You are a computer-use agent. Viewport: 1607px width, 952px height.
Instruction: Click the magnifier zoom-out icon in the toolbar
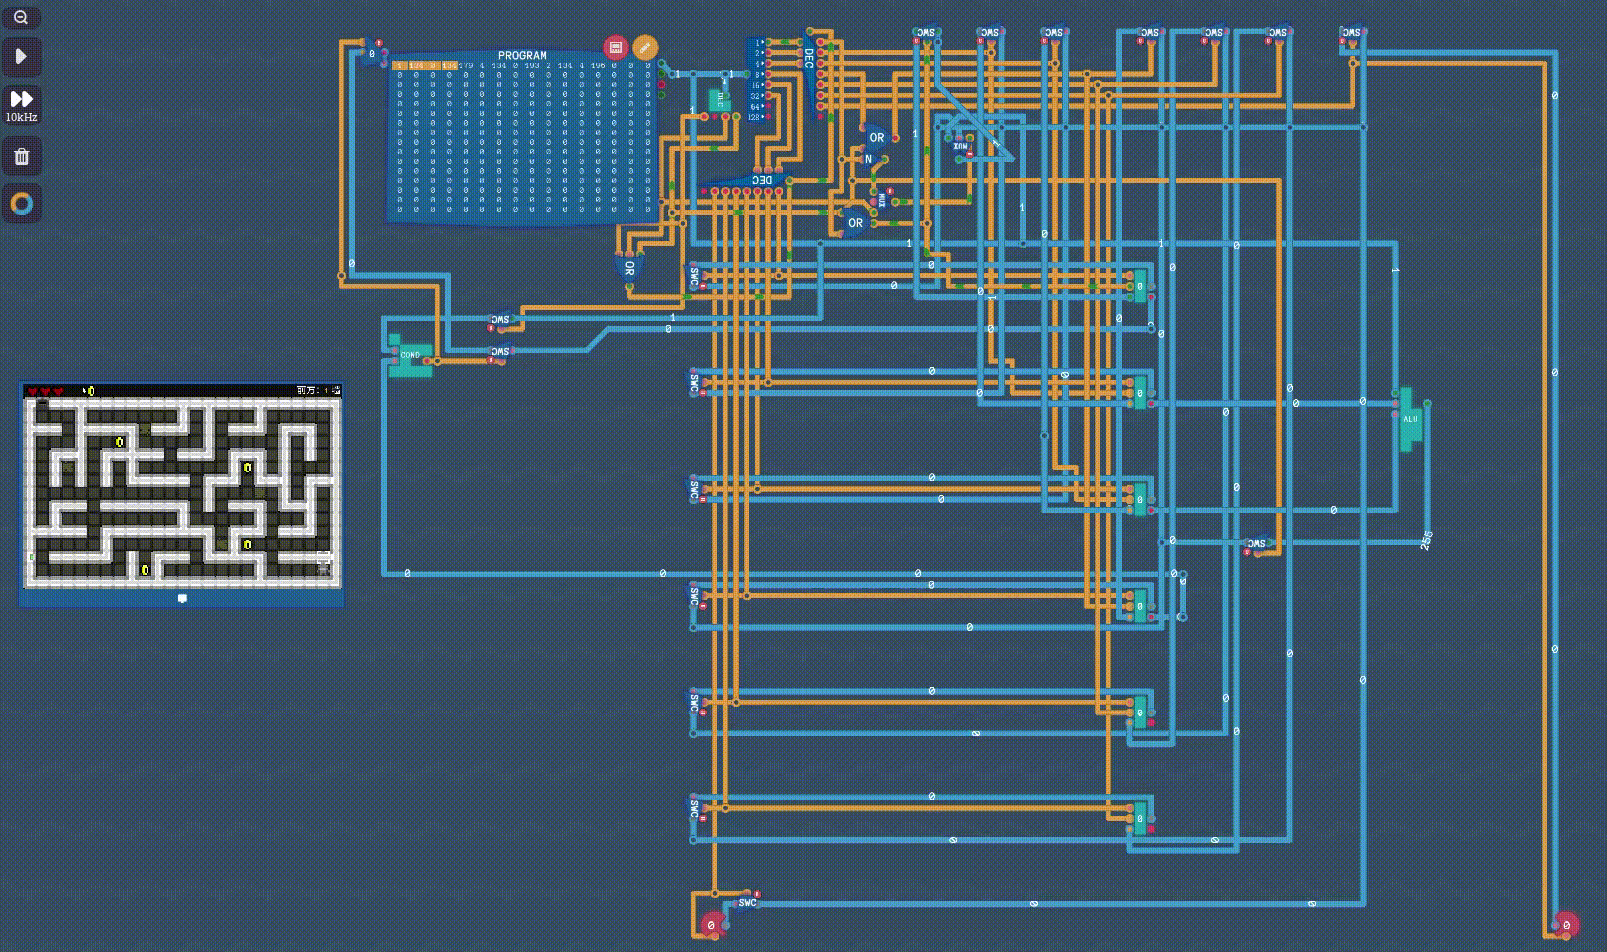tap(21, 17)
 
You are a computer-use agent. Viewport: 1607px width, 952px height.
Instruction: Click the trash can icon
tap(21, 156)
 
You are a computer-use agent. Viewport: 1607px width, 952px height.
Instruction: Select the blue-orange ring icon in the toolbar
tap(21, 204)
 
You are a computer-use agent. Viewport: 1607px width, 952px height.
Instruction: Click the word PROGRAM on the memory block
tap(522, 56)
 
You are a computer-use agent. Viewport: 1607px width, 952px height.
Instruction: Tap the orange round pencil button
tap(645, 47)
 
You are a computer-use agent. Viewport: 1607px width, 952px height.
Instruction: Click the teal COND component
tap(410, 355)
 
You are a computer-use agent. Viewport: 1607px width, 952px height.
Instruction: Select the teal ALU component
tap(1409, 419)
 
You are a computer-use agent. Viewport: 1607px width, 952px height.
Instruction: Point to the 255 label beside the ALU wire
tap(1426, 540)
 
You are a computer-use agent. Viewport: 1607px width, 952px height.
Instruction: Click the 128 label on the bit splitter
tap(755, 117)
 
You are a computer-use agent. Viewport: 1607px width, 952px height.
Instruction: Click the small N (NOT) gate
tap(868, 159)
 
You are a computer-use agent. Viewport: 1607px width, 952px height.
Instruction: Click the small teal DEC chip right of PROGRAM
tap(717, 100)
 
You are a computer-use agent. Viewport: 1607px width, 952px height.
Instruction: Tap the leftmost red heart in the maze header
tap(33, 391)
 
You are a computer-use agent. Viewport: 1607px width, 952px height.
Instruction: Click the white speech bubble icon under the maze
tap(182, 598)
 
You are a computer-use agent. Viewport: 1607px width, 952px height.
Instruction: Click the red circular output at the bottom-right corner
tap(1566, 925)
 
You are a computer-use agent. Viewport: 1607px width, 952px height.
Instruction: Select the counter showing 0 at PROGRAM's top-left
tap(372, 54)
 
